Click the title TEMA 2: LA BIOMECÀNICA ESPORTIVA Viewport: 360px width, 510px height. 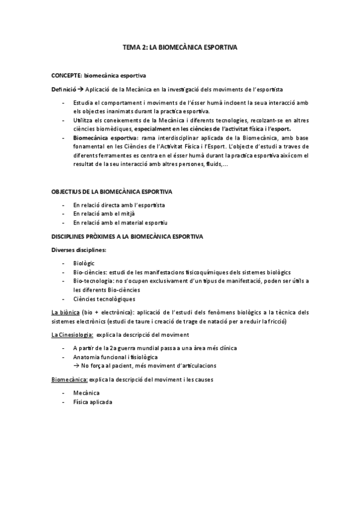[x=180, y=46]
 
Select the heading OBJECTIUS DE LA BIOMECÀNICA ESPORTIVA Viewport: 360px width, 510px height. [x=111, y=192]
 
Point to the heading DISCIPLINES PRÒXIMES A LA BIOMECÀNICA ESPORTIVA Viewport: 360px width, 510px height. [x=127, y=236]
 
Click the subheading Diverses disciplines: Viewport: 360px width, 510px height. [x=79, y=250]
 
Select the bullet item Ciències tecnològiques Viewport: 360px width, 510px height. [x=104, y=299]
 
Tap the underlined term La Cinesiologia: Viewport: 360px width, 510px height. [x=72, y=334]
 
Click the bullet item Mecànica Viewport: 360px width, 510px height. [x=87, y=393]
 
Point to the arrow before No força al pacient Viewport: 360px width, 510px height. [x=76, y=366]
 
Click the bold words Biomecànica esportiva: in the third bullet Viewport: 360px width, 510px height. [x=100, y=138]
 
